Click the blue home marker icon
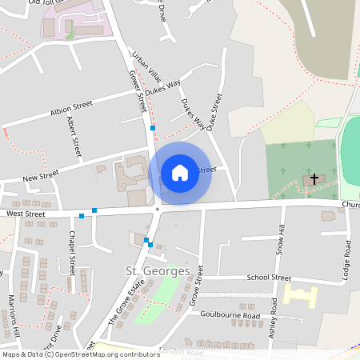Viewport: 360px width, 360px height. pyautogui.click(x=180, y=173)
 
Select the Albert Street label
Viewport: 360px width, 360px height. pyautogui.click(x=74, y=136)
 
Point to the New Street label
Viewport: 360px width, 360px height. pyautogui.click(x=41, y=175)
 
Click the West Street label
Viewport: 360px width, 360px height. pyautogui.click(x=26, y=214)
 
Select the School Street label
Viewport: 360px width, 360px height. pyautogui.click(x=269, y=278)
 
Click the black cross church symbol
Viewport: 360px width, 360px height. pyautogui.click(x=314, y=178)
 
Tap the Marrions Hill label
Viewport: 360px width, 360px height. pyautogui.click(x=13, y=314)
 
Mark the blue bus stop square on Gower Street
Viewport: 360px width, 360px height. pyautogui.click(x=153, y=128)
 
